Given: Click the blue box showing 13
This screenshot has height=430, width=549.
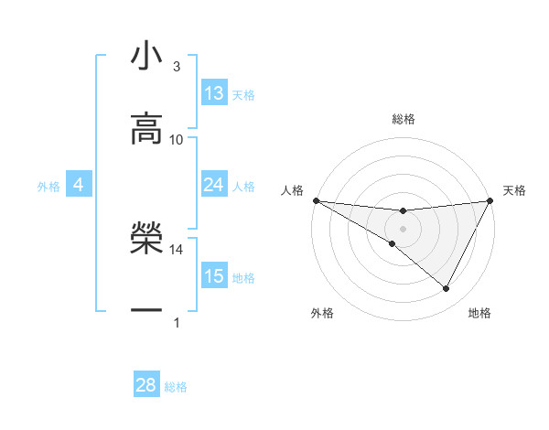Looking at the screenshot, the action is pyautogui.click(x=213, y=93).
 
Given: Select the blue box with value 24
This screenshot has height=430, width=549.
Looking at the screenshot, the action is pyautogui.click(x=213, y=185).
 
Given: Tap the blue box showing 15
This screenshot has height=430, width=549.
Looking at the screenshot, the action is pyautogui.click(x=213, y=276).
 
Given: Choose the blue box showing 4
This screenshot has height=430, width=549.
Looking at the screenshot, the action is pyautogui.click(x=78, y=185).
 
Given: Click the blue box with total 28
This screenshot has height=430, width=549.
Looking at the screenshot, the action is pyautogui.click(x=146, y=385).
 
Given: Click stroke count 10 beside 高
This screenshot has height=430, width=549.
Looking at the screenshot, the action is pyautogui.click(x=177, y=139).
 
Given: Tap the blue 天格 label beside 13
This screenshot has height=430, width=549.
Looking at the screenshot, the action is pyautogui.click(x=243, y=95).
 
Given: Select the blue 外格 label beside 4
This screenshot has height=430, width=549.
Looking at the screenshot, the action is pyautogui.click(x=48, y=187).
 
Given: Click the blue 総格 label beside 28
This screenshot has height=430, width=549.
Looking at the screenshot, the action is pyautogui.click(x=176, y=387).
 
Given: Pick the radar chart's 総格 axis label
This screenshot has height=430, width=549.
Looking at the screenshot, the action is pyautogui.click(x=403, y=119).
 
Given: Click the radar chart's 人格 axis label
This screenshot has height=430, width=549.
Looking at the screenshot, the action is pyautogui.click(x=292, y=190).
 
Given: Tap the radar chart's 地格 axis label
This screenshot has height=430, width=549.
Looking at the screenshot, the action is pyautogui.click(x=479, y=313).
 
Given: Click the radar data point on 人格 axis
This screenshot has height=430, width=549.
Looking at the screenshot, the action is pyautogui.click(x=316, y=200).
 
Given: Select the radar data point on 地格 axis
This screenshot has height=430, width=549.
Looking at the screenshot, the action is pyautogui.click(x=447, y=289).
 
